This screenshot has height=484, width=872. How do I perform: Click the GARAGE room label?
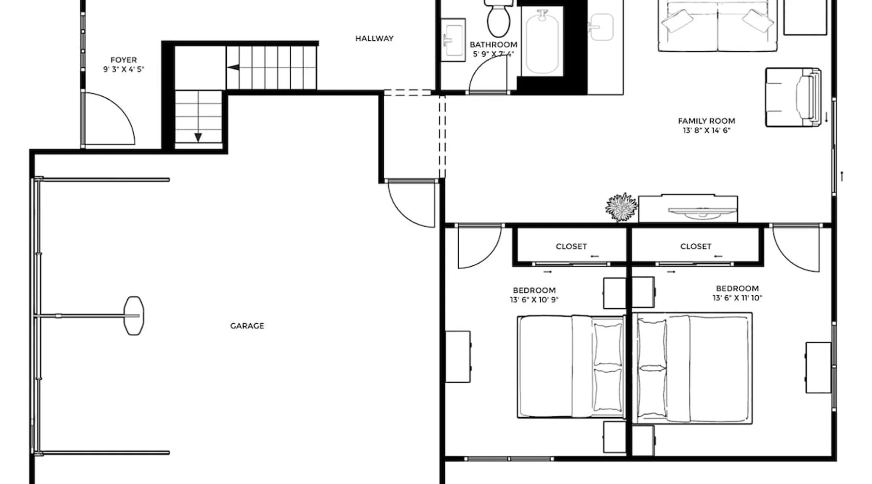(247, 326)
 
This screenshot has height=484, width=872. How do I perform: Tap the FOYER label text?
(124, 60)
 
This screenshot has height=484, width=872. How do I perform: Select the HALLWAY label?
(374, 38)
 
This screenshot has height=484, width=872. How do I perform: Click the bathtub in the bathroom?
(543, 43)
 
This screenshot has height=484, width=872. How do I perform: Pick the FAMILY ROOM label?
(706, 121)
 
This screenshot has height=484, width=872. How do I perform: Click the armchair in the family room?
(793, 97)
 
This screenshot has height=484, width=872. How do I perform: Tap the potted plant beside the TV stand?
(622, 207)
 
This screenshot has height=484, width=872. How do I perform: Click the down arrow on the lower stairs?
(198, 137)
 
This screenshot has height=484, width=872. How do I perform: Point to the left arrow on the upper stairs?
(234, 67)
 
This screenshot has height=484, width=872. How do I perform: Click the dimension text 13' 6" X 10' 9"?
(534, 300)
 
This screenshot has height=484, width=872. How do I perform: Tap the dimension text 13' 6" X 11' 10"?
(737, 298)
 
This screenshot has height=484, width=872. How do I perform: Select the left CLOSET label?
(571, 246)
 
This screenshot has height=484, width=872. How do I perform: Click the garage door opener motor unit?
(134, 316)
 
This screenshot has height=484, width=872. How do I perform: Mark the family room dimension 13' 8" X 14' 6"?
(706, 130)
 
